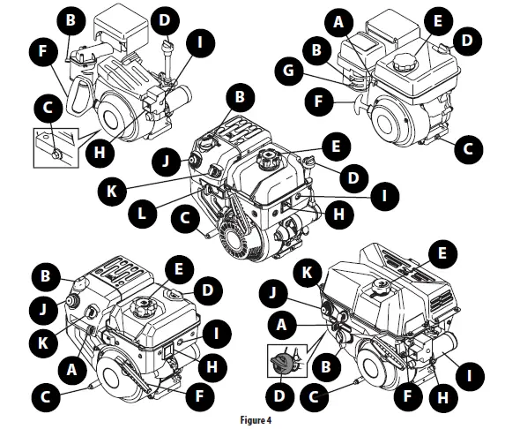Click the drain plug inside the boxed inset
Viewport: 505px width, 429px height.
[56, 154]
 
